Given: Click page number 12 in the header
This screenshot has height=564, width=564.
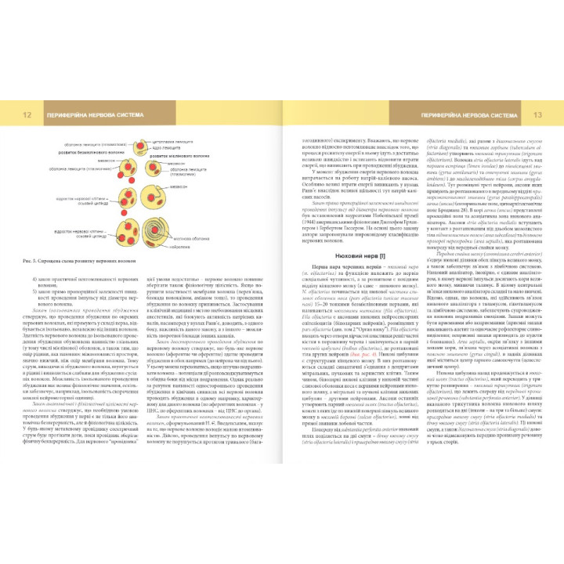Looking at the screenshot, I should pyautogui.click(x=27, y=114).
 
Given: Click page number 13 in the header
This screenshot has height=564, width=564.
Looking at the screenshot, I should pyautogui.click(x=537, y=114).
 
